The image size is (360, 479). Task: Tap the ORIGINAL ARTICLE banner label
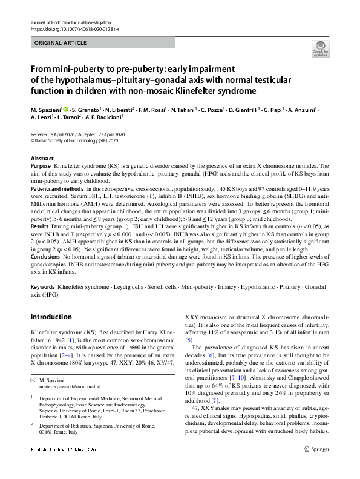(x=60, y=44)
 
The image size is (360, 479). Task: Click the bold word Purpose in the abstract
(x=41, y=165)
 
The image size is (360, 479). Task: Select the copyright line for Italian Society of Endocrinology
(x=74, y=139)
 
